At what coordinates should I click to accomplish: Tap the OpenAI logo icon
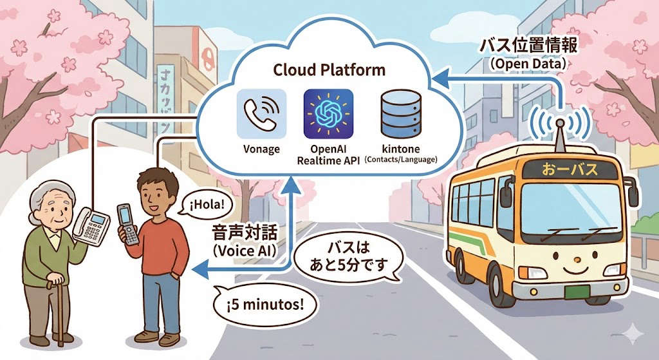click(x=328, y=114)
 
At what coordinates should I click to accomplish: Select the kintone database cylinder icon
click(x=400, y=114)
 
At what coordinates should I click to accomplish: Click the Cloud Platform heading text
click(x=329, y=70)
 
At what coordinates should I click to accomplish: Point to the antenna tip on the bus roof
click(x=560, y=120)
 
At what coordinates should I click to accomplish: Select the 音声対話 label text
click(x=241, y=232)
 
